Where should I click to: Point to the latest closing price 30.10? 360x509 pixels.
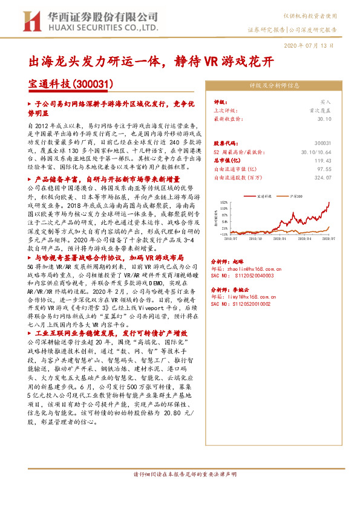tap(326, 119)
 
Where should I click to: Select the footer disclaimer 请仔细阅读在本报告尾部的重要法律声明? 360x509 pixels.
tap(180, 491)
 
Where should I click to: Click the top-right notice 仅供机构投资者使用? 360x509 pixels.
tap(314, 14)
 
